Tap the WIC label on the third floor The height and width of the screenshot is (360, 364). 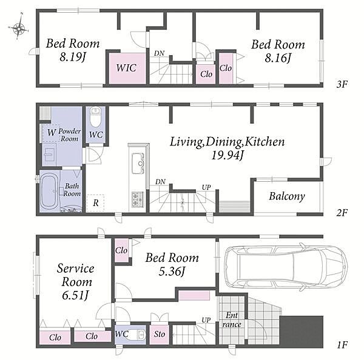[126, 68]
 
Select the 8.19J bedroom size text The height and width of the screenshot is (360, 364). [73, 57]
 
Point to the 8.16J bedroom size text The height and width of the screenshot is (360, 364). [278, 58]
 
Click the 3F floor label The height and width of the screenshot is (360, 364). [342, 84]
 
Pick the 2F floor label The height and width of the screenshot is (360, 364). [342, 212]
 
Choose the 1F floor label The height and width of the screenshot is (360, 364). [342, 345]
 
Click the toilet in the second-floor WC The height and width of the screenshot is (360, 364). [95, 117]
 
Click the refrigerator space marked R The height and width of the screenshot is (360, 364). [95, 203]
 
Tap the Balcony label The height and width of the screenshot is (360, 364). [287, 196]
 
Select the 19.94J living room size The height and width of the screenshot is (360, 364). [227, 155]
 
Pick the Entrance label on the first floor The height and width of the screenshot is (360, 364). [232, 319]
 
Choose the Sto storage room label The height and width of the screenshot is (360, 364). [159, 334]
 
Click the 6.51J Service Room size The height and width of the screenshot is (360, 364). [75, 295]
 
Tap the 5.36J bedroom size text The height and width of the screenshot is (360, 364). [172, 271]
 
